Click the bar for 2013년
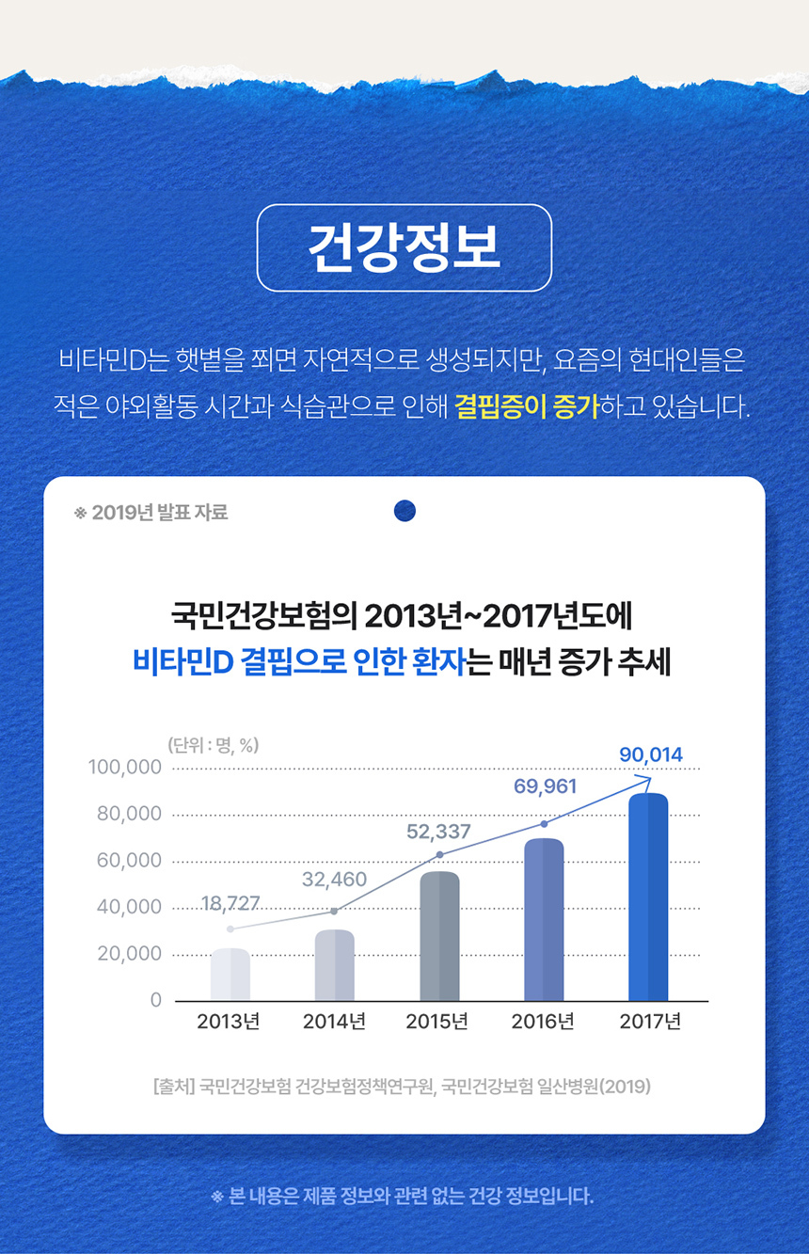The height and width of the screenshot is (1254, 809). click(x=230, y=975)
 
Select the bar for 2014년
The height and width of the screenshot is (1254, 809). click(x=335, y=965)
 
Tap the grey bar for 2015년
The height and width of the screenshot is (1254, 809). click(x=439, y=936)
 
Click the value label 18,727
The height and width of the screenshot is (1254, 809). click(x=230, y=905)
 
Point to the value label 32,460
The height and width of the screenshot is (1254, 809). click(x=334, y=881)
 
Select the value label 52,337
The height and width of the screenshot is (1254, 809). click(x=438, y=832)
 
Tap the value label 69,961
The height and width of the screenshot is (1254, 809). click(x=545, y=786)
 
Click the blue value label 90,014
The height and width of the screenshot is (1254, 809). click(x=651, y=754)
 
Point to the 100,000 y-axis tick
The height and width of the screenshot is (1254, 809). click(x=125, y=768)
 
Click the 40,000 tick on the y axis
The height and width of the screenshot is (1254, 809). click(x=129, y=908)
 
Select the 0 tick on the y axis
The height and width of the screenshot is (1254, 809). click(x=156, y=1001)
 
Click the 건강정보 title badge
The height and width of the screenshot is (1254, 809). click(x=404, y=247)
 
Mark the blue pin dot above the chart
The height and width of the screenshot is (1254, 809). click(x=404, y=511)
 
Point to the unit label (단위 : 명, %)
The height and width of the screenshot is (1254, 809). click(x=213, y=745)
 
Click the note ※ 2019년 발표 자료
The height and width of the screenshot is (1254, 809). click(x=151, y=513)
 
